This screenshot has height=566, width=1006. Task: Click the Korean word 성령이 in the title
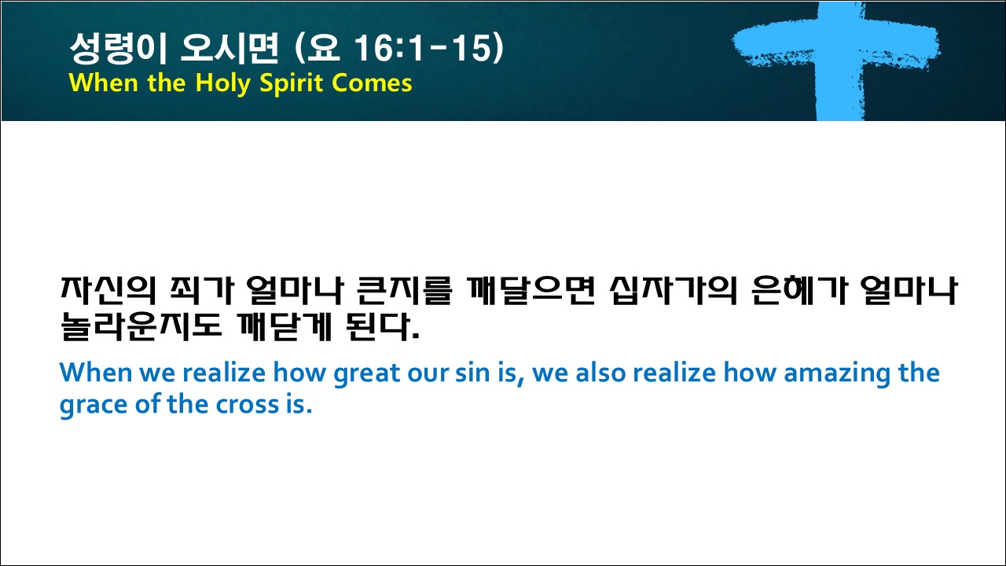pyautogui.click(x=119, y=47)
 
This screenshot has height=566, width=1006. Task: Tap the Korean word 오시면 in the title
pyautogui.click(x=229, y=47)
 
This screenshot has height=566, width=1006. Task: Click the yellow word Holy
pyautogui.click(x=222, y=83)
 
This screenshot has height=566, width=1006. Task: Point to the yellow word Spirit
pyautogui.click(x=292, y=83)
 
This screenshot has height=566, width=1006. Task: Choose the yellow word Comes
pyautogui.click(x=372, y=83)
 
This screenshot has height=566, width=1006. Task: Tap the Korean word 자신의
pyautogui.click(x=108, y=291)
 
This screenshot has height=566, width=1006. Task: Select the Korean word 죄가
pyautogui.click(x=202, y=291)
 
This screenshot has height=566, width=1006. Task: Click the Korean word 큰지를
pyautogui.click(x=404, y=291)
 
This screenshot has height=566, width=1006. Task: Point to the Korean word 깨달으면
pyautogui.click(x=531, y=291)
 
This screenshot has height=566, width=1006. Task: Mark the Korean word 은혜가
pyautogui.click(x=799, y=291)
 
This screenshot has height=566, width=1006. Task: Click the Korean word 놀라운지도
pyautogui.click(x=141, y=325)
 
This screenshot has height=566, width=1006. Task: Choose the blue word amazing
pyautogui.click(x=837, y=373)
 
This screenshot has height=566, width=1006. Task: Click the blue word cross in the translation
pyautogui.click(x=248, y=405)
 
